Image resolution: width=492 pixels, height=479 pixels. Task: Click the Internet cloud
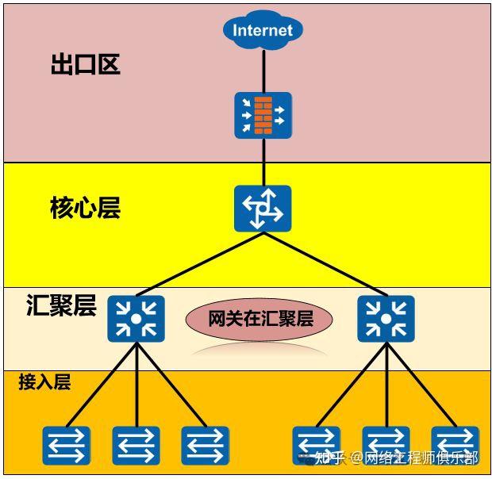(263, 30)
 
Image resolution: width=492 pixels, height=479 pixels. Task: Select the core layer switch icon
(263, 209)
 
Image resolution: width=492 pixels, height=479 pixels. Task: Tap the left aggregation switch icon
(136, 319)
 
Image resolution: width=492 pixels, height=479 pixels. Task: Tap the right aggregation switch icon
(385, 319)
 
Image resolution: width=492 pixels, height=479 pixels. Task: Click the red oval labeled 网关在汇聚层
(259, 319)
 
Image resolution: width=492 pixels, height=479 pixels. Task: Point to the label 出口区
(85, 64)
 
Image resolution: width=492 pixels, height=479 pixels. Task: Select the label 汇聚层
(60, 305)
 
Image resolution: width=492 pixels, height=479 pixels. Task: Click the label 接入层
(44, 382)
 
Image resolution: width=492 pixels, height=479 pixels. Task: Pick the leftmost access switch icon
(67, 445)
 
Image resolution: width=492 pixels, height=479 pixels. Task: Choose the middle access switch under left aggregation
(136, 445)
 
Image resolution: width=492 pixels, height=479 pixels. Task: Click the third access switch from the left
(205, 445)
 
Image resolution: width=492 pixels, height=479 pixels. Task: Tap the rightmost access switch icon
(455, 445)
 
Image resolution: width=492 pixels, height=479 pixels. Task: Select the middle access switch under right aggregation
(386, 445)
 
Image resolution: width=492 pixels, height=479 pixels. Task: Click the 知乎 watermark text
(329, 458)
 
